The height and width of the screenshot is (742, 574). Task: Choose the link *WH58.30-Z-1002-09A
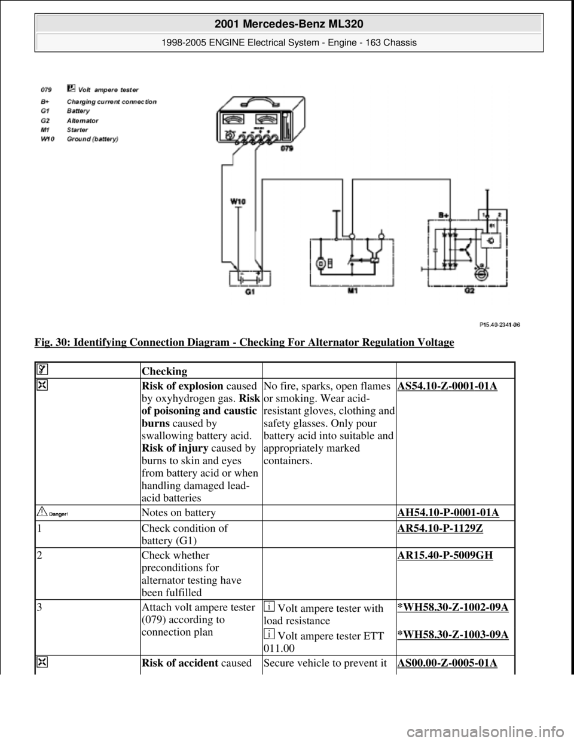coord(452,608)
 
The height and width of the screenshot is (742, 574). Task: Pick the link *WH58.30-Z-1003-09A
coord(452,634)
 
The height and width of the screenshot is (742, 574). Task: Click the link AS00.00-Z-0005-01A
coord(446,664)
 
